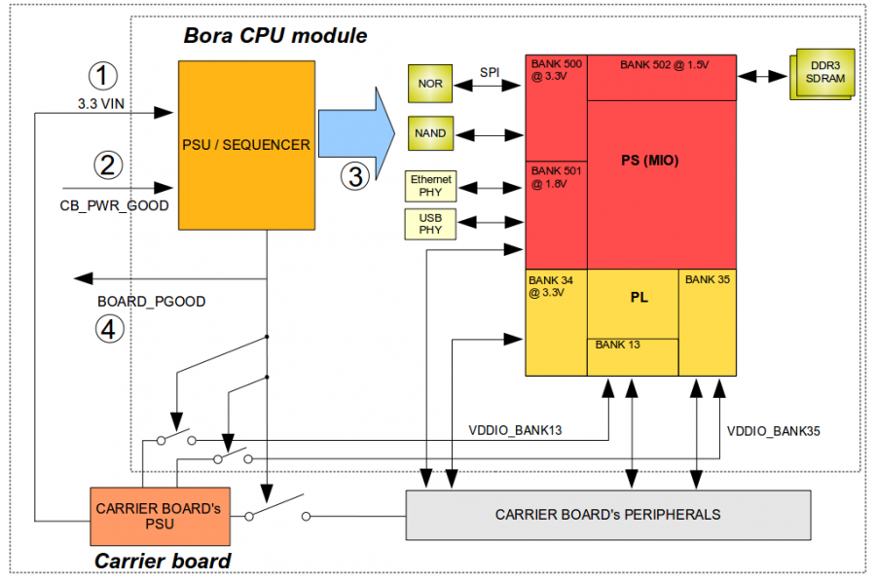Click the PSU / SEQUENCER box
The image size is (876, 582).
pyautogui.click(x=245, y=145)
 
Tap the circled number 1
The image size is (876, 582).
pyautogui.click(x=102, y=75)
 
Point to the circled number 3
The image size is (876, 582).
pyautogui.click(x=356, y=176)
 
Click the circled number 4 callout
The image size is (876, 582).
pyautogui.click(x=109, y=329)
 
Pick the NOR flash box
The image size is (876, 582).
pyautogui.click(x=430, y=84)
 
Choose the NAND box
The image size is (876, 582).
pyautogui.click(x=430, y=133)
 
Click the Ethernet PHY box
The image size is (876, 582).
pyautogui.click(x=430, y=186)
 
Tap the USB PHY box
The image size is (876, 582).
pyautogui.click(x=430, y=224)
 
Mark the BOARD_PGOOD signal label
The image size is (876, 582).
pyautogui.click(x=152, y=302)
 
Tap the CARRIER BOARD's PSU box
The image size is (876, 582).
pyautogui.click(x=160, y=516)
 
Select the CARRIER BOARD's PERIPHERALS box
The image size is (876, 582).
pyautogui.click(x=607, y=514)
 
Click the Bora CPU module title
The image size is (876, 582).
pyautogui.click(x=275, y=36)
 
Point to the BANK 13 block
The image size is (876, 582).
pyautogui.click(x=632, y=356)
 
